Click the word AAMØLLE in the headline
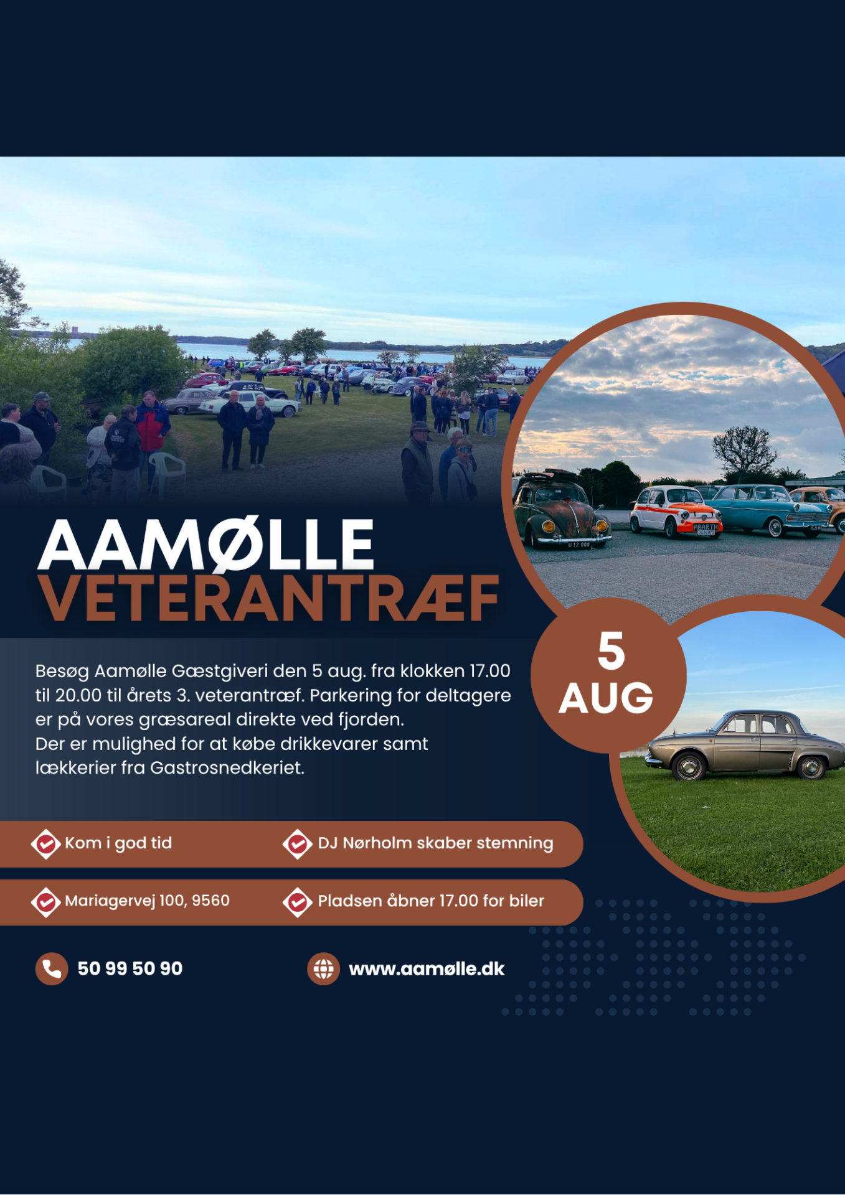[x=206, y=545]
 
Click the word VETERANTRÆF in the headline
[x=268, y=598]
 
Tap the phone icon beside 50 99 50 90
[x=52, y=968]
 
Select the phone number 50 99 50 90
[x=130, y=968]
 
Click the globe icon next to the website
[x=323, y=968]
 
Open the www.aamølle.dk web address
[x=427, y=969]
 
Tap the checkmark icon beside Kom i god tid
[x=46, y=844]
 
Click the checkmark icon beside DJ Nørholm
[x=298, y=844]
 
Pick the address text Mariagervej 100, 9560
[x=147, y=901]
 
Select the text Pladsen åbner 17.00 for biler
[x=431, y=901]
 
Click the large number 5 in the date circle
[x=611, y=651]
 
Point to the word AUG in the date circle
[x=606, y=698]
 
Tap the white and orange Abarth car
[x=676, y=512]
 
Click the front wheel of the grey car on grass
[x=689, y=767]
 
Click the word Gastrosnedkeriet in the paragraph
[x=227, y=768]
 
